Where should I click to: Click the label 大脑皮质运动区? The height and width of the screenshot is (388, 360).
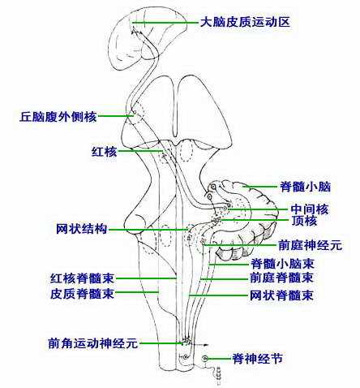point(245,22)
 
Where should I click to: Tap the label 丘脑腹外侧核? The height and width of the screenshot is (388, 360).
point(58,117)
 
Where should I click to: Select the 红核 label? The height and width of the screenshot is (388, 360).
point(104,152)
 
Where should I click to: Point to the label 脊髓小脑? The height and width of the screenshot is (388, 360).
point(305,187)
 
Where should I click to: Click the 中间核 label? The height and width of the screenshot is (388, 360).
point(310,209)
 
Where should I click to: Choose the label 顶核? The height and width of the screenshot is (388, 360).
point(304,221)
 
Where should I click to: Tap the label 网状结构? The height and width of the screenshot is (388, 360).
point(82,229)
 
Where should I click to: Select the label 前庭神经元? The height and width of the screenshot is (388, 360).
point(310,245)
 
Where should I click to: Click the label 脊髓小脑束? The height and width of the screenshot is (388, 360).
point(282,263)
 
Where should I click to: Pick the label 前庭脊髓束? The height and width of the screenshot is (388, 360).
point(281,278)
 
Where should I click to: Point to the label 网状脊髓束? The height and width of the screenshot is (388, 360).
point(281,295)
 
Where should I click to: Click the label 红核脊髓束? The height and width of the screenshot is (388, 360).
point(82,278)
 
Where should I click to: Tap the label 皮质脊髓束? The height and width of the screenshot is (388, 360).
point(82,294)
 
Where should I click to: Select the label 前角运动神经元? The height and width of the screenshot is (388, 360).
point(93,343)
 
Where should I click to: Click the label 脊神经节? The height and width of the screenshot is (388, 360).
point(257,359)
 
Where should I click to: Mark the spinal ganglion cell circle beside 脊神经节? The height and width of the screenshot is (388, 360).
point(205,359)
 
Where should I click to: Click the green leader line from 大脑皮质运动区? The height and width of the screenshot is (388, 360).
point(165,23)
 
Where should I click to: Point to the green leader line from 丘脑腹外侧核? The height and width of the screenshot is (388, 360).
point(116,116)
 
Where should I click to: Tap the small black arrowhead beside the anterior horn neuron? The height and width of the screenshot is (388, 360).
point(207,345)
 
